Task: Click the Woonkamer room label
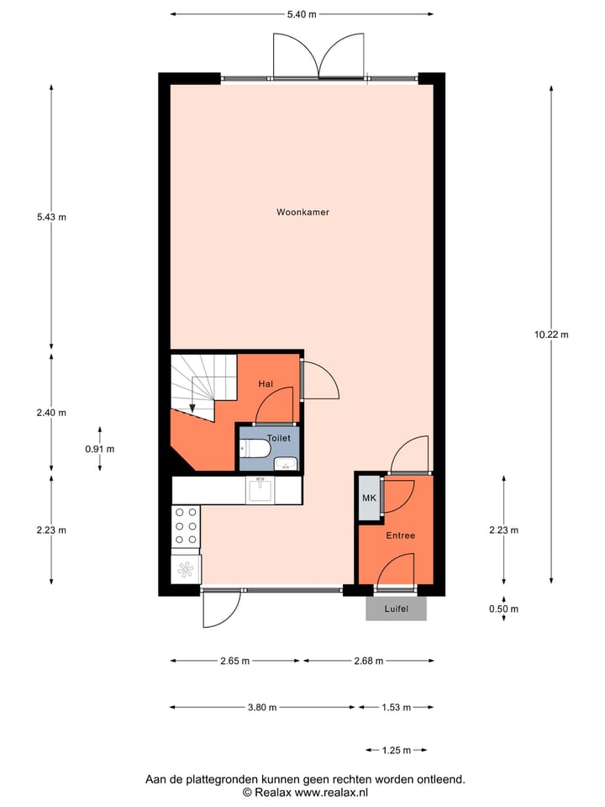pos(302,213)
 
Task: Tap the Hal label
pos(266,384)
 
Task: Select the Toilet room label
pos(278,438)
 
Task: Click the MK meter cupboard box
pos(368,498)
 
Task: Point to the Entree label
pos(400,535)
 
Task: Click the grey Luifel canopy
pos(396,609)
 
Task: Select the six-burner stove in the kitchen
pos(186,525)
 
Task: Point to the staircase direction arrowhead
pos(192,409)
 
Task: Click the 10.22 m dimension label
pos(551,335)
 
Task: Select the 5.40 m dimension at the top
pos(302,14)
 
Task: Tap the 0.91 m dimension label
pos(99,449)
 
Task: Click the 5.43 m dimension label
pos(51,217)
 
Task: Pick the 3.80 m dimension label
pos(262,708)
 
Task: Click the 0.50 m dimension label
pos(504,609)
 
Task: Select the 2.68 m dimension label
pos(368,662)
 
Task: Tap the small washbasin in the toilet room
pos(287,462)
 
